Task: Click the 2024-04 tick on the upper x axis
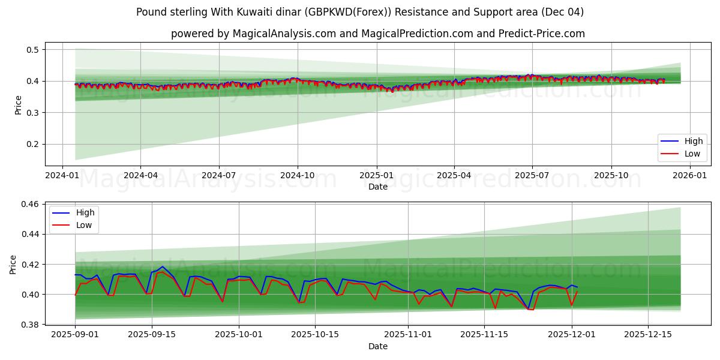point(140,176)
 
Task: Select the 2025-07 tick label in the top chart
point(532,176)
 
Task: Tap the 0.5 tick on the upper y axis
point(31,50)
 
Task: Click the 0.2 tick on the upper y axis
point(31,144)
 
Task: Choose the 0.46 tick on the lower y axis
point(29,205)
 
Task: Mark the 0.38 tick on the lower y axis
point(29,325)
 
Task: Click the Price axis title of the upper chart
point(18,104)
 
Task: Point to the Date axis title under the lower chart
point(378,346)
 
